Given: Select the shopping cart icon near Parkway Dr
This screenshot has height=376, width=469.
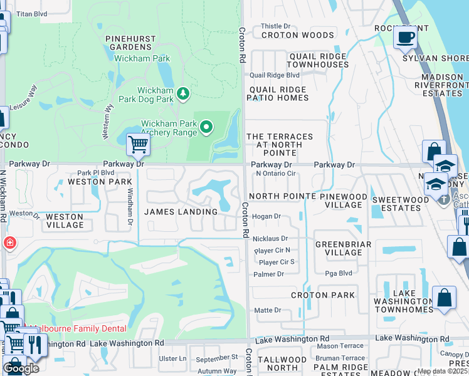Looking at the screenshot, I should pyautogui.click(x=138, y=145).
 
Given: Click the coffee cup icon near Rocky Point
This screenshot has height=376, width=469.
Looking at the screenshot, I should pyautogui.click(x=405, y=36).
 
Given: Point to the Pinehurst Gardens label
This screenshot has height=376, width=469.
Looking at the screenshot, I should pyautogui.click(x=130, y=43).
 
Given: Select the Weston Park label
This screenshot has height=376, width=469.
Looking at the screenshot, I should pyautogui.click(x=91, y=181).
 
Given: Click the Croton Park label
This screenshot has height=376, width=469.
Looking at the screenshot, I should pyautogui.click(x=322, y=295).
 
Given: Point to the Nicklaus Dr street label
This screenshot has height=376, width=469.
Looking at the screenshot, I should pyautogui.click(x=271, y=239).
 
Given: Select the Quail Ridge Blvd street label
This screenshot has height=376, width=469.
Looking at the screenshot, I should pyautogui.click(x=275, y=75).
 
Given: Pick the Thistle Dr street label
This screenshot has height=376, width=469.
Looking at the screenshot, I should pyautogui.click(x=275, y=26).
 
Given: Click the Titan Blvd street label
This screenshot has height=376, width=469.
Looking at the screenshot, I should pyautogui.click(x=31, y=13).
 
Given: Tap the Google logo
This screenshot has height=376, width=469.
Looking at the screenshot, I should pyautogui.click(x=21, y=368).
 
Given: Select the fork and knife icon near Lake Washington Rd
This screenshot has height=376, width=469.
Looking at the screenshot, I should pyautogui.click(x=34, y=345).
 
